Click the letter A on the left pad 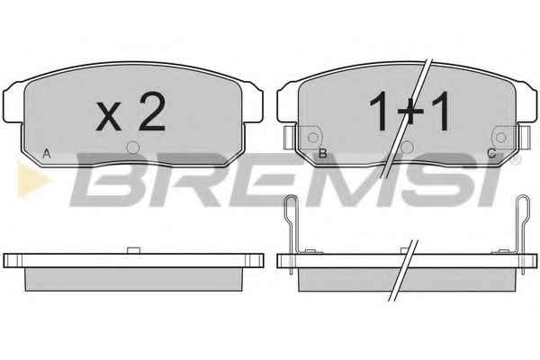(x=47, y=153)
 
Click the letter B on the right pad (x=322, y=153)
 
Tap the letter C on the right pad (x=491, y=153)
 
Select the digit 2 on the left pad (x=151, y=112)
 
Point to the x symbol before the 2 (x=109, y=116)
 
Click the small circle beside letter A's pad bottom (x=133, y=148)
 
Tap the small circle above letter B (x=313, y=138)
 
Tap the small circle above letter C (x=500, y=138)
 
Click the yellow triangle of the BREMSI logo (x=31, y=180)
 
